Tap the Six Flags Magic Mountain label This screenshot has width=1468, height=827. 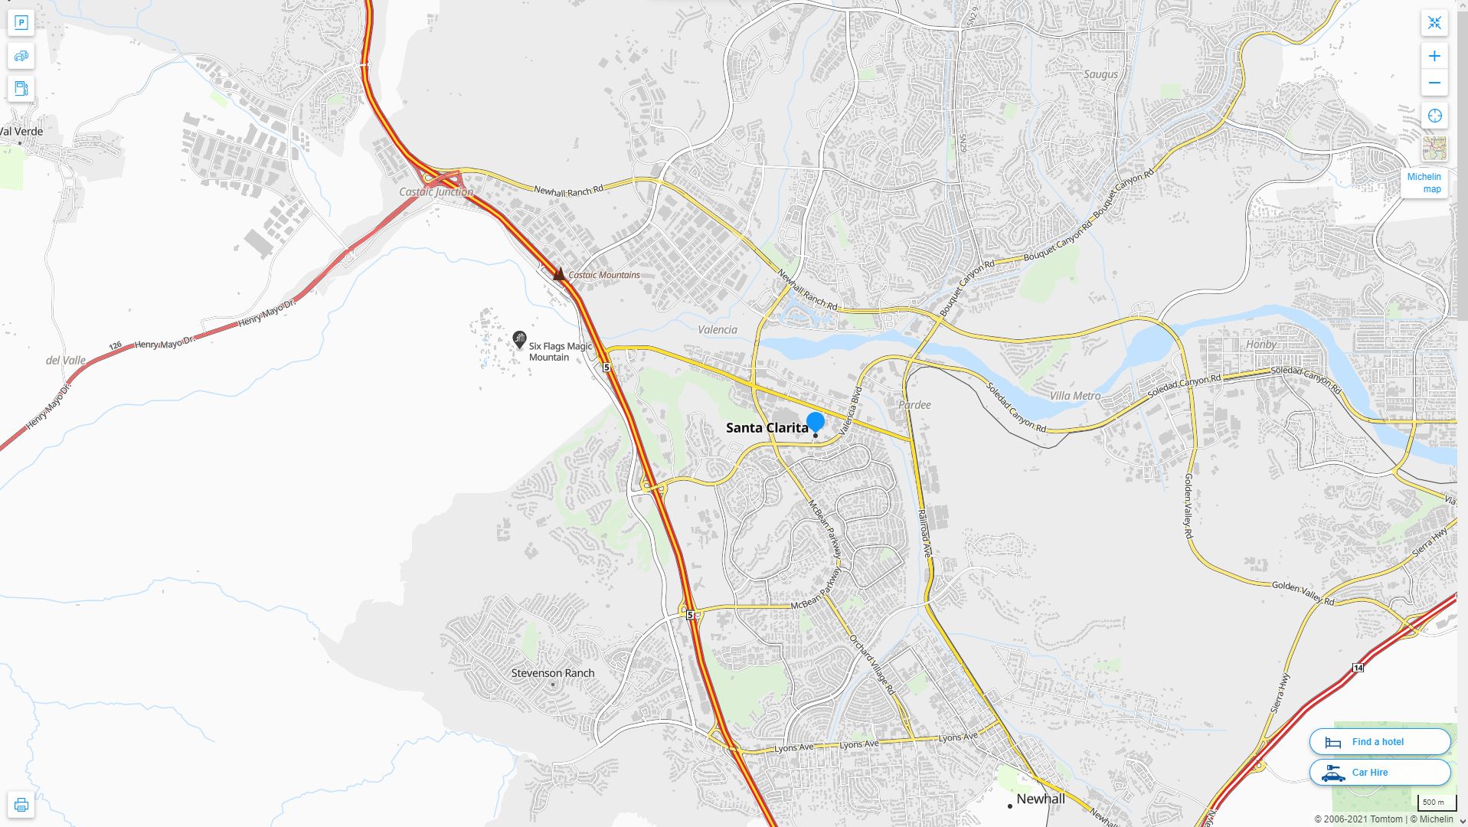click(x=560, y=351)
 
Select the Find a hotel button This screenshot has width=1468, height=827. click(x=1379, y=741)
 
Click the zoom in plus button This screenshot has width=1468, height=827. click(x=1434, y=56)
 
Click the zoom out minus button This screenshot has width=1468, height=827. click(x=1434, y=83)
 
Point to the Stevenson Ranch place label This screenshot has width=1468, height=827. click(x=552, y=673)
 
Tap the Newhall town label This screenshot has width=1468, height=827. click(x=1040, y=799)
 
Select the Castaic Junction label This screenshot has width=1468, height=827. click(x=436, y=191)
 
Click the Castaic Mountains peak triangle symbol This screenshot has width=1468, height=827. click(x=559, y=273)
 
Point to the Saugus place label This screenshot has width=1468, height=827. click(x=1100, y=74)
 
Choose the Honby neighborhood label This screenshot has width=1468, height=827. click(x=1260, y=344)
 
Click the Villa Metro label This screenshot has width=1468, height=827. click(x=1074, y=396)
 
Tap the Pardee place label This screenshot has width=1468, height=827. click(x=914, y=404)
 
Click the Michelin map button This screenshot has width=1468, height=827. click(x=1424, y=183)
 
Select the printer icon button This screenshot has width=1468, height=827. click(x=21, y=805)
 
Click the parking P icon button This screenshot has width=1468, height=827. click(x=21, y=23)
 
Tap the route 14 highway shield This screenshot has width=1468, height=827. click(x=1358, y=668)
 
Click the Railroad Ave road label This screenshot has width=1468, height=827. click(x=924, y=533)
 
